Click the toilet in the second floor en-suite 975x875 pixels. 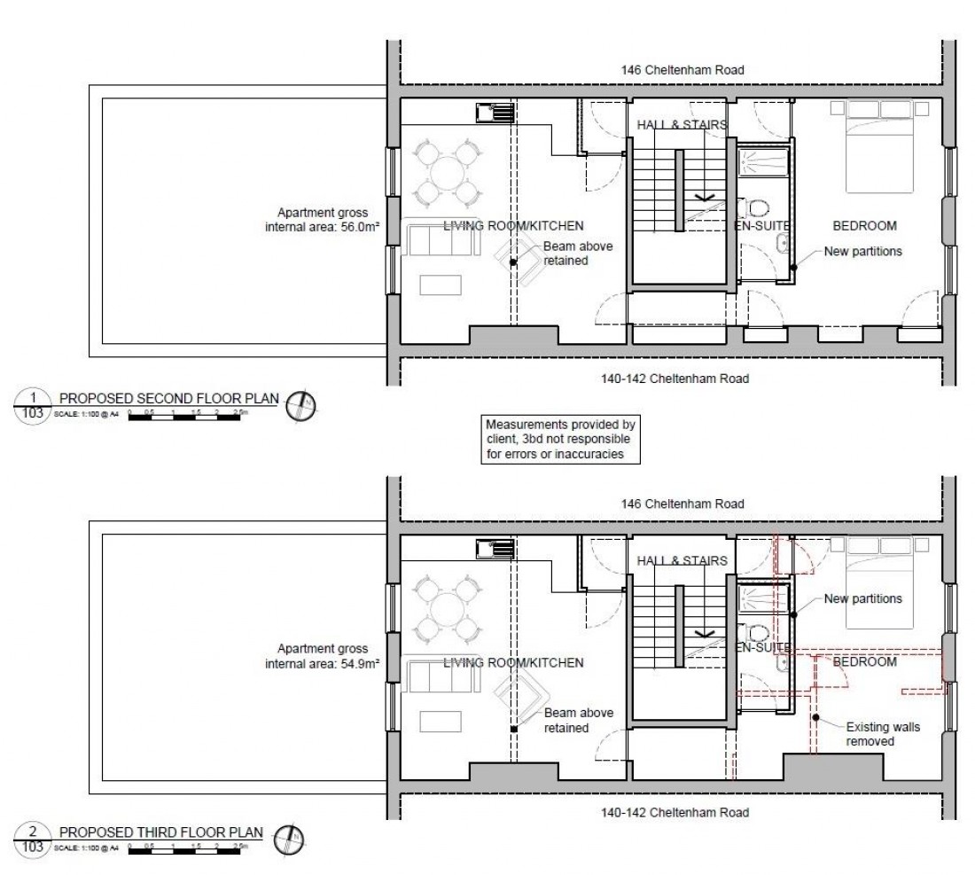coord(759,209)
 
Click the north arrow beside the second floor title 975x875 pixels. coord(303,404)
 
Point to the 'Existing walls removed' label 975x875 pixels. coord(882,734)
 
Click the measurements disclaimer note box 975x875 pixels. coord(559,439)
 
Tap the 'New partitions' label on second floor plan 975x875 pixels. coord(862,251)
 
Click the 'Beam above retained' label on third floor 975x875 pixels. coord(566,721)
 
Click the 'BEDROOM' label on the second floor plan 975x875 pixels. coord(862,226)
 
